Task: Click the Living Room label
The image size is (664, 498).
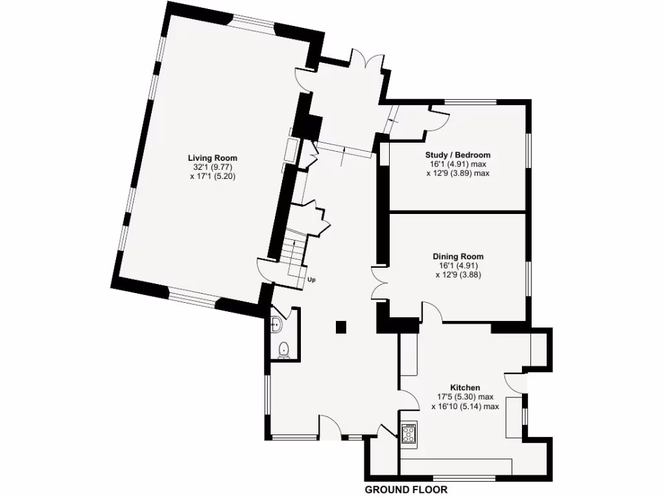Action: (212, 158)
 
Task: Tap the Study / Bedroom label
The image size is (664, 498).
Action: (457, 155)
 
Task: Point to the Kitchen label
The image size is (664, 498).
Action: (466, 387)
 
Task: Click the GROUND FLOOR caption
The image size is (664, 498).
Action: (406, 490)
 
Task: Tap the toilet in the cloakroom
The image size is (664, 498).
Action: (283, 350)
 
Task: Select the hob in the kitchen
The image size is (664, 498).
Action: (409, 432)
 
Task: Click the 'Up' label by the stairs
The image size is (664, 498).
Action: (311, 280)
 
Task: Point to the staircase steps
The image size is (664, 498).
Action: (296, 256)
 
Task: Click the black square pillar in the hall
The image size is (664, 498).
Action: (341, 326)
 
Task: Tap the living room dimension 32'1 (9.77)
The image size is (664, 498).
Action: (212, 167)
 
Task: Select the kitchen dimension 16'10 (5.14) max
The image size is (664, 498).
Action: (465, 407)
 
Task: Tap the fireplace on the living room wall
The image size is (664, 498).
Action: (292, 154)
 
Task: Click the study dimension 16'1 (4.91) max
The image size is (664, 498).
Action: (457, 165)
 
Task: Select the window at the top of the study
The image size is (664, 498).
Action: (471, 101)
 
